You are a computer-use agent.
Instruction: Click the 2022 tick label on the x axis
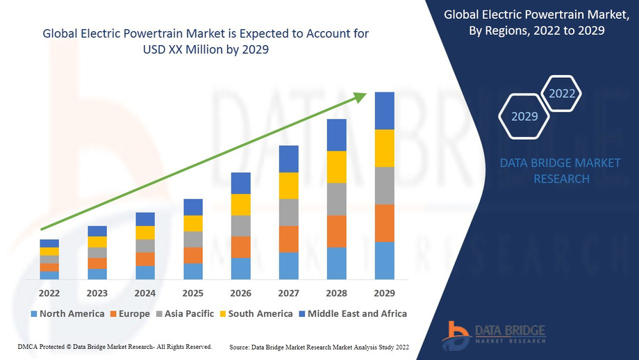[x=49, y=293]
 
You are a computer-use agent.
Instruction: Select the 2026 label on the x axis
[x=240, y=293]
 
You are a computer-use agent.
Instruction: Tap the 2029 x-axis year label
[x=384, y=293]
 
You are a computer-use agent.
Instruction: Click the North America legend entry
[x=67, y=313]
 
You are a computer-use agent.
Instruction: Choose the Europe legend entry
[x=129, y=313]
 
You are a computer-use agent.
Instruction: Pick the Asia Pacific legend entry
[x=185, y=313]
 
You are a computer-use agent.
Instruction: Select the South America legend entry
[x=255, y=313]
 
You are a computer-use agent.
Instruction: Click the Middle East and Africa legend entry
[x=352, y=313]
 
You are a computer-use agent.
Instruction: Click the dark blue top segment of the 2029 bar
[x=384, y=111]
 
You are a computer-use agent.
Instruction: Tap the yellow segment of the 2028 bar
[x=336, y=167]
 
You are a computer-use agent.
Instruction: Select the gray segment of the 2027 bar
[x=288, y=212]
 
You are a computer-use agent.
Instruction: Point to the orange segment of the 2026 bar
[x=240, y=247]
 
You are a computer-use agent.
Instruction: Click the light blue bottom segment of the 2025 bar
[x=193, y=271]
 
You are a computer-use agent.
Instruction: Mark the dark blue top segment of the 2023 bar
[x=97, y=231]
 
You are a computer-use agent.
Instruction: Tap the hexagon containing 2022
[x=562, y=93]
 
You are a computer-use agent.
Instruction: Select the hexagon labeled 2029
[x=524, y=116]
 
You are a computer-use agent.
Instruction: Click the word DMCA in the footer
[x=26, y=346]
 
